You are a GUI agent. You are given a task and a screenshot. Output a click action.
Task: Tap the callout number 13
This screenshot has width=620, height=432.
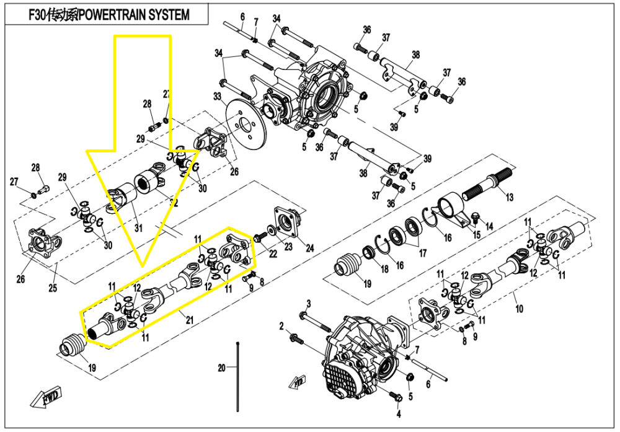tap(509, 198)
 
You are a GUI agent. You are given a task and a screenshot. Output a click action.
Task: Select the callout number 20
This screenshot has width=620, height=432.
tap(221, 368)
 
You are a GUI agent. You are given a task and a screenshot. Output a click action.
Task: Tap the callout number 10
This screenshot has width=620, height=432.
tap(519, 308)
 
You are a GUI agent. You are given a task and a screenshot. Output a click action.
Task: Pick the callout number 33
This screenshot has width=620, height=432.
tap(217, 96)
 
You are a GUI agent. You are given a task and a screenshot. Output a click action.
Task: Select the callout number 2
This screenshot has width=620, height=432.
tap(281, 325)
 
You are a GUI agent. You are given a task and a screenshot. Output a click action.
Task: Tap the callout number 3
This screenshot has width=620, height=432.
tap(308, 302)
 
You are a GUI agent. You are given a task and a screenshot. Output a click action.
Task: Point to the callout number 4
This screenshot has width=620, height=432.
tap(399, 413)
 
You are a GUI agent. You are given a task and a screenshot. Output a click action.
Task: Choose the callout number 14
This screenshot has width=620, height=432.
tap(489, 227)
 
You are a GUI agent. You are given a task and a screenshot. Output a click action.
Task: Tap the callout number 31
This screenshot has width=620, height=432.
tap(138, 228)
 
